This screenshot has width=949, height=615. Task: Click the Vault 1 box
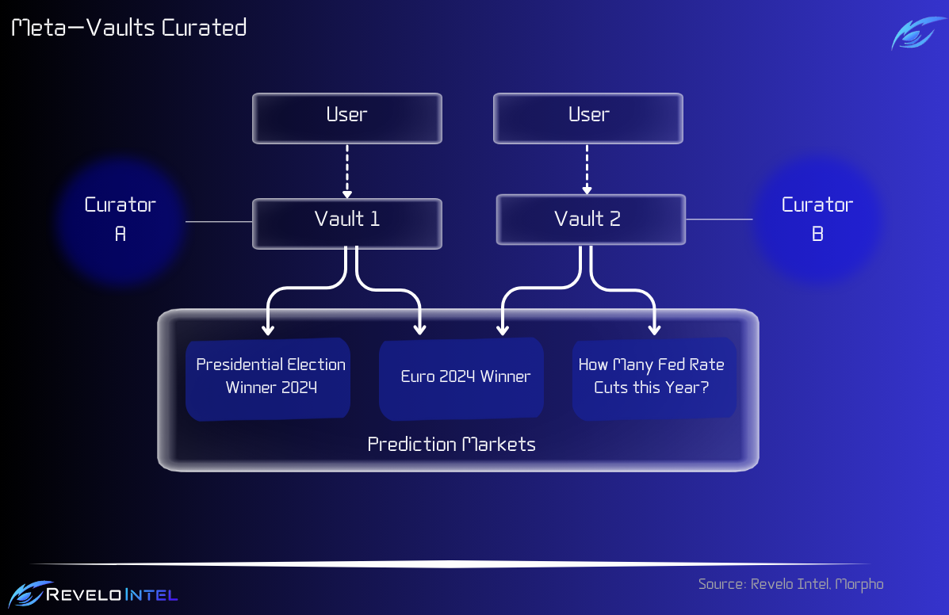[x=346, y=223]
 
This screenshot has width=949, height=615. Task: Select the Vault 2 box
[x=591, y=220]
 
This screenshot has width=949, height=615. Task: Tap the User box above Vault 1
[x=346, y=119]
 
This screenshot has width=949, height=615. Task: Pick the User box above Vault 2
[x=588, y=119]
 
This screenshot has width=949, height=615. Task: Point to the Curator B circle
[x=817, y=219]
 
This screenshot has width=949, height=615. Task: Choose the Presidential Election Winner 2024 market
[x=268, y=379]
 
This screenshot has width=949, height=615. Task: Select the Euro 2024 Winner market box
[x=461, y=379]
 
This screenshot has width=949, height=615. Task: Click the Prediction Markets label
[x=451, y=445]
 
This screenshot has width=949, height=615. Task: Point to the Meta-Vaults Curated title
[x=129, y=28]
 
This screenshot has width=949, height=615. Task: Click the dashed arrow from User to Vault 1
[x=346, y=171]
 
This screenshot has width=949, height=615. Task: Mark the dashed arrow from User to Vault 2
[x=587, y=170]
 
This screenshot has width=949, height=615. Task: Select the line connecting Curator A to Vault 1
[x=219, y=222]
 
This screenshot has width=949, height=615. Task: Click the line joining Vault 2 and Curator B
[x=719, y=219]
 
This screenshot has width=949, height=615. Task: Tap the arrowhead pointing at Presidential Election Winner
[x=268, y=330]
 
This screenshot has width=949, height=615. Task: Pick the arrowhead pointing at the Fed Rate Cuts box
[x=654, y=330]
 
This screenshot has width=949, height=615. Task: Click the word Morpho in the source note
[x=859, y=584]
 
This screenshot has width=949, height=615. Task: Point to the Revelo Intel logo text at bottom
[x=111, y=595]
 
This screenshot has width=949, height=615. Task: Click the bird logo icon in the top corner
[x=917, y=32]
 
